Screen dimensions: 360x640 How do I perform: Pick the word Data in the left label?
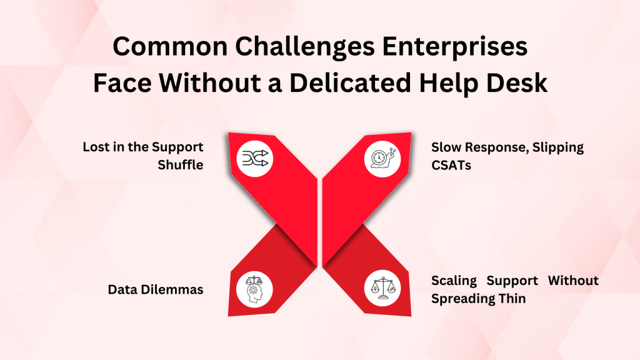pos(121,289)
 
